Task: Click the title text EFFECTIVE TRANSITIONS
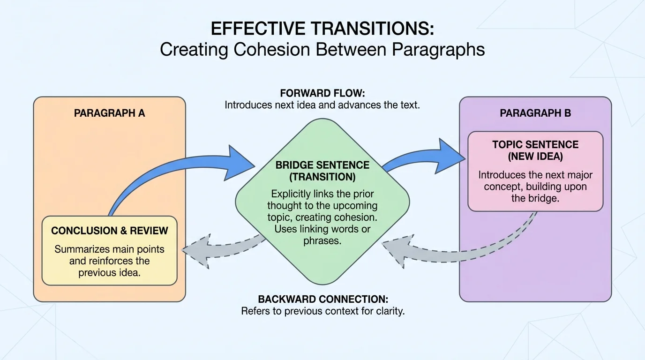click(x=322, y=29)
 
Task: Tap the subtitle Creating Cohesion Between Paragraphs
click(x=322, y=50)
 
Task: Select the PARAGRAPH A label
click(x=109, y=113)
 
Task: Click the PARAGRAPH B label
click(x=535, y=113)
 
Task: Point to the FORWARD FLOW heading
click(x=322, y=93)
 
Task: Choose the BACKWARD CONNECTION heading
click(x=322, y=299)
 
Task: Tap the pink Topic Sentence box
click(x=535, y=171)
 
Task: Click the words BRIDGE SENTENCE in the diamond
click(x=322, y=165)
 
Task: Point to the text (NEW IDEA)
click(x=535, y=156)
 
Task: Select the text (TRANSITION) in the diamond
click(x=322, y=177)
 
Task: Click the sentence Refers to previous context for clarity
click(x=322, y=311)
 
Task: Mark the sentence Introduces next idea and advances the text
click(x=322, y=105)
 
